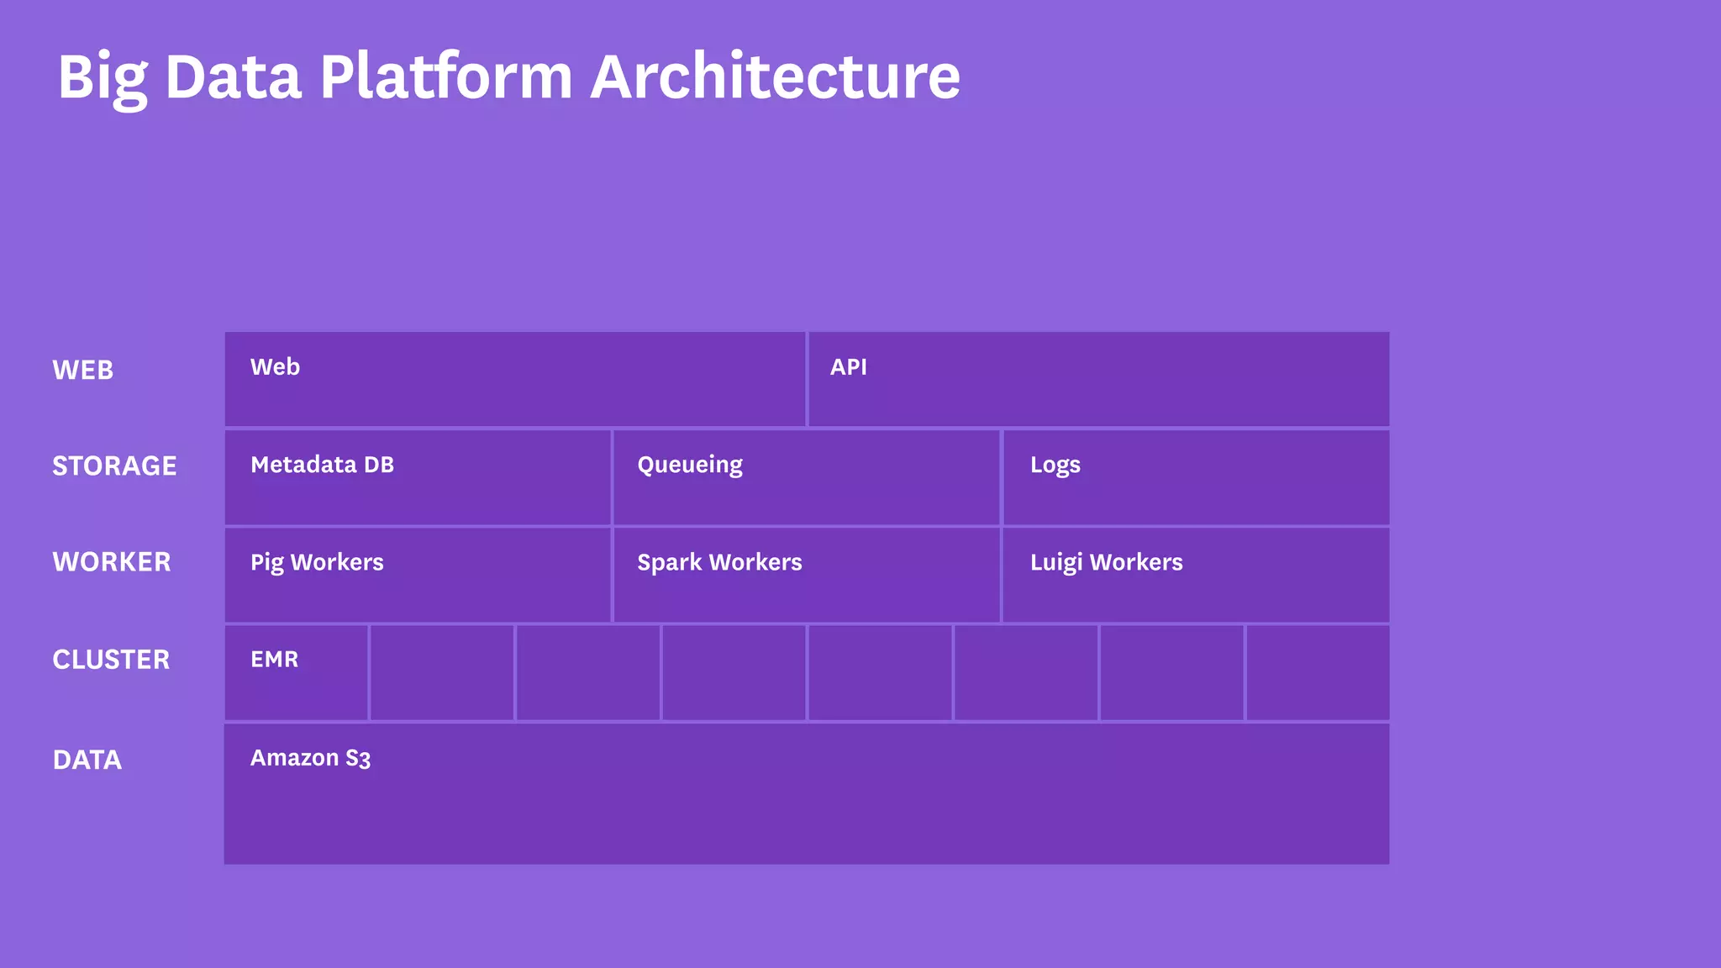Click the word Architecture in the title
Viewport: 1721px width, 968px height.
click(x=775, y=77)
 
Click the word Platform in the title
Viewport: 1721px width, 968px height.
click(x=445, y=77)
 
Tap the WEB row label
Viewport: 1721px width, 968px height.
click(x=82, y=371)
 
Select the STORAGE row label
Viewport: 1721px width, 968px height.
click(x=114, y=466)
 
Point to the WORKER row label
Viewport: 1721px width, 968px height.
click(x=111, y=562)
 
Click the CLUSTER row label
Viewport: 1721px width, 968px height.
click(x=111, y=660)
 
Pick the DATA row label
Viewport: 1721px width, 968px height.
click(x=87, y=760)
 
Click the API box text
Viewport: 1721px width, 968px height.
click(x=848, y=367)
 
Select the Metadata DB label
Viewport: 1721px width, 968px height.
click(x=322, y=465)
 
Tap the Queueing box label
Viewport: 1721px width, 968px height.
click(x=689, y=466)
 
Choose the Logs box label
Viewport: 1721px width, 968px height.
click(x=1055, y=466)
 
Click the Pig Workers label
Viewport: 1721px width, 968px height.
click(x=317, y=563)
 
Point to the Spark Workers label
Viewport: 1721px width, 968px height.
click(x=719, y=563)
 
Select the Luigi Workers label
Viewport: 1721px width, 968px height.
click(x=1106, y=563)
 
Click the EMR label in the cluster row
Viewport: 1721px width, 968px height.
click(x=274, y=660)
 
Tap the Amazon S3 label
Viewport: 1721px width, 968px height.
click(x=310, y=758)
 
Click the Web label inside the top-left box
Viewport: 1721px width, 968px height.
click(x=275, y=367)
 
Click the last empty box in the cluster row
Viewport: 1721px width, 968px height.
click(x=1317, y=672)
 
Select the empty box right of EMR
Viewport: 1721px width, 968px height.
click(x=442, y=672)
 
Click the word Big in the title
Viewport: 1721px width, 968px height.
click(x=103, y=77)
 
